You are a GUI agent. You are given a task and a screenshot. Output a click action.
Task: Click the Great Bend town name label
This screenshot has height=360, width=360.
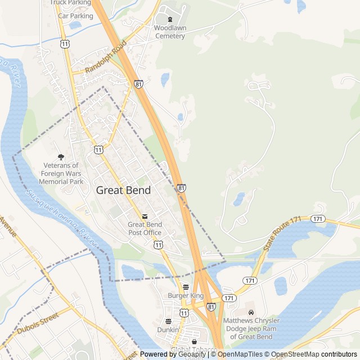pos(123,190)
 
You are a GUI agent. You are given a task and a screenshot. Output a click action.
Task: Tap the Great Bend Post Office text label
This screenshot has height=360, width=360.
pos(145,228)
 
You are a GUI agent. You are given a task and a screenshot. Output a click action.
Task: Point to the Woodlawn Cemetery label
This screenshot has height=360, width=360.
pos(169,31)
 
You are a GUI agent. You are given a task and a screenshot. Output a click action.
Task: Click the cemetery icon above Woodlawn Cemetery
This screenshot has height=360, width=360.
pos(170,20)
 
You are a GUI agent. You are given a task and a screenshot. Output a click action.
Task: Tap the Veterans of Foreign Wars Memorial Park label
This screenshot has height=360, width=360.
pos(61,174)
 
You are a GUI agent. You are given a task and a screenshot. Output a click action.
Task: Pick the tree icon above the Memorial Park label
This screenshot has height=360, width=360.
pos(61,157)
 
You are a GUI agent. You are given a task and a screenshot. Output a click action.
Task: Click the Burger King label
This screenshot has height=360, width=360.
pos(186,295)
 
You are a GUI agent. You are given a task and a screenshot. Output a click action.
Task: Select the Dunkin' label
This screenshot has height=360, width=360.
pos(168,330)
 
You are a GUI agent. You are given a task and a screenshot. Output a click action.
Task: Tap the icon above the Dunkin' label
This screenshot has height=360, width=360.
pos(168,321)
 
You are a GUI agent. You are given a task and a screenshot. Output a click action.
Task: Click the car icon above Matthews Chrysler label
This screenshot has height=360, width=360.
pos(251,312)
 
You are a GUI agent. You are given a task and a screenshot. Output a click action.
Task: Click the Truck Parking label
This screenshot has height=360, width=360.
pos(70,3)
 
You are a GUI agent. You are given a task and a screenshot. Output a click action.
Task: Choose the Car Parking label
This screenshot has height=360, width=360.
pos(75,16)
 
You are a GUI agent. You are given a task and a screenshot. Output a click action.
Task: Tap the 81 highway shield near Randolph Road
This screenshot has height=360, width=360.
pos(138,84)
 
